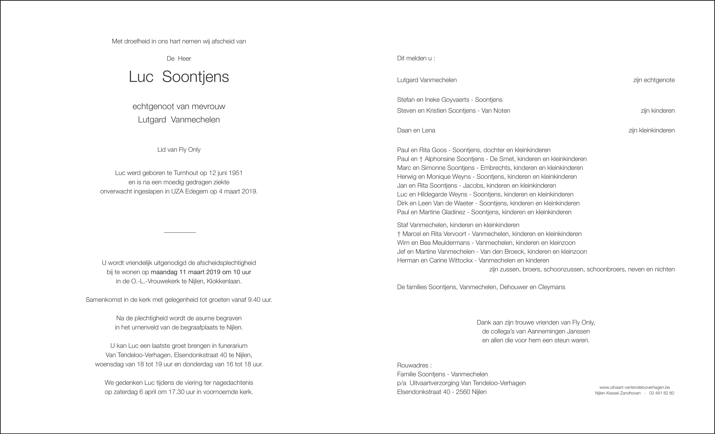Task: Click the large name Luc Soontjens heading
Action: click(x=179, y=77)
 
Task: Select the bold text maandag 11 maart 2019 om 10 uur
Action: click(x=201, y=272)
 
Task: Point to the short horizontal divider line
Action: click(x=180, y=233)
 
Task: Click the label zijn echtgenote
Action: click(x=654, y=80)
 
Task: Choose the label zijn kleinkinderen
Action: click(x=651, y=130)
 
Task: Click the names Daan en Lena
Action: click(x=416, y=130)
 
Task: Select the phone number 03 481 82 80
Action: click(x=661, y=393)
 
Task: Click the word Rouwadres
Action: click(x=413, y=365)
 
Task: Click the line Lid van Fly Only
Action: click(x=179, y=149)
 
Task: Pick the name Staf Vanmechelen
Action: click(x=422, y=225)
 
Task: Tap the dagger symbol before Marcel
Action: click(x=399, y=234)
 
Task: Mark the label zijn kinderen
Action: click(x=657, y=111)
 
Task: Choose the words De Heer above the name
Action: click(x=179, y=58)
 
